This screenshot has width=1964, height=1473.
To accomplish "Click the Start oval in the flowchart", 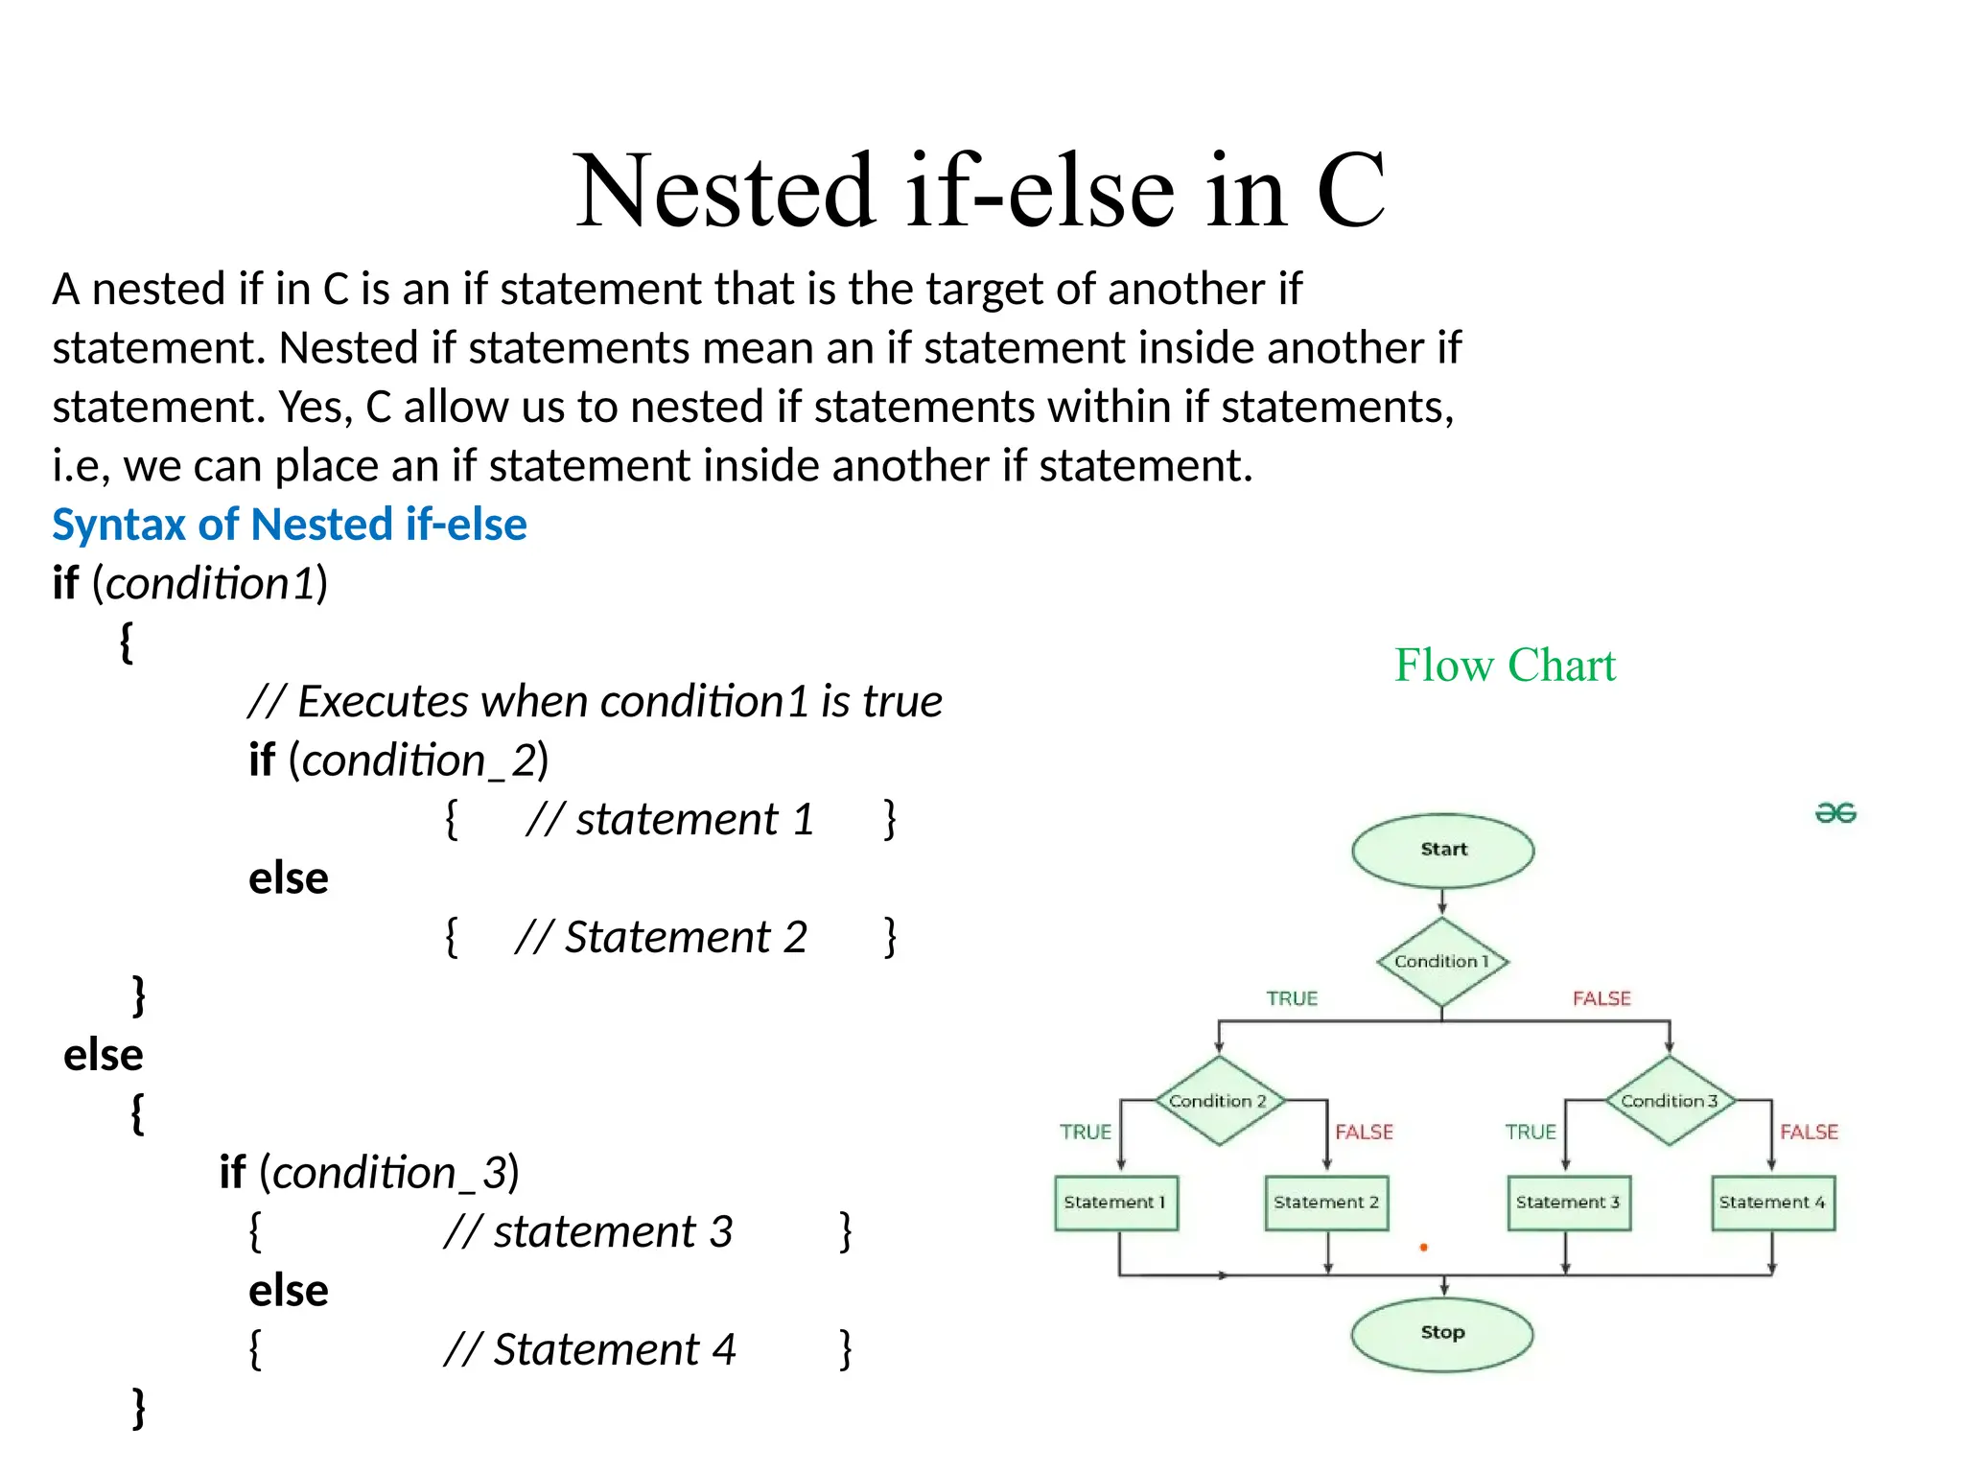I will click(x=1442, y=850).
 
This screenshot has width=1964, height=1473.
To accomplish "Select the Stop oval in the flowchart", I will click(x=1441, y=1333).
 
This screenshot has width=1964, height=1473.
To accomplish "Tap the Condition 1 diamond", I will click(x=1442, y=962).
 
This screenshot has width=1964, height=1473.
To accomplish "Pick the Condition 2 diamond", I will click(x=1218, y=1101).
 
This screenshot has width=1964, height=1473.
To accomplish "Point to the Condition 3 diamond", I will click(x=1669, y=1101).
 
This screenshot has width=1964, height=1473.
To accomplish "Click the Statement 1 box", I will click(x=1115, y=1203).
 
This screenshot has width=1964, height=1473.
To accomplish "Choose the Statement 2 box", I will click(x=1326, y=1203).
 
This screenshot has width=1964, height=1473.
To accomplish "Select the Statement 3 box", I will click(x=1568, y=1203).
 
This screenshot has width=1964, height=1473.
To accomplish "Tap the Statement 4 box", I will click(x=1772, y=1203).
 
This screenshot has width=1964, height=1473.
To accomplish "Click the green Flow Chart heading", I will click(x=1505, y=666).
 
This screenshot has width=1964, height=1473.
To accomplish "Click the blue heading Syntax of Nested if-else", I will click(x=289, y=525).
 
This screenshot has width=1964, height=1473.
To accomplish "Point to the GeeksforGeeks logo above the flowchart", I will click(x=1835, y=813).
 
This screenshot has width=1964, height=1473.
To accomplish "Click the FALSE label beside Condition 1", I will click(x=1602, y=999).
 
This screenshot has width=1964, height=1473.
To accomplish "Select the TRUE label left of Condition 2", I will click(x=1086, y=1133).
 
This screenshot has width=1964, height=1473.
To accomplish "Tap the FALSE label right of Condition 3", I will click(x=1809, y=1133).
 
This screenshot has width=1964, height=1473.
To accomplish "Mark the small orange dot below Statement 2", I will click(x=1424, y=1248).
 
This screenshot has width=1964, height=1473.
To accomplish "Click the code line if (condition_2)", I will click(x=398, y=760).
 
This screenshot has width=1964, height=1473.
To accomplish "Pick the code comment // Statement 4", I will click(x=590, y=1350).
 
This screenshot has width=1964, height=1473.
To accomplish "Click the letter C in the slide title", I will click(x=1350, y=191).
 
